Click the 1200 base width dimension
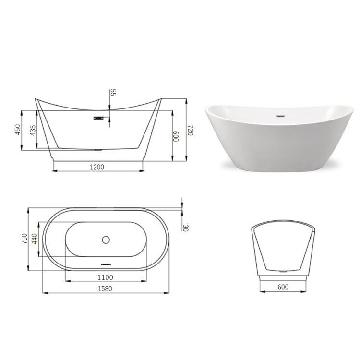pos(96,167)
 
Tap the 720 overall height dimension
pos(191,131)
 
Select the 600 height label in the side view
pos(176,136)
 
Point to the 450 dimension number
pos(18,130)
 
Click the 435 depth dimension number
pos(33,130)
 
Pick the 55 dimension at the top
pos(114,93)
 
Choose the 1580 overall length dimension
pos(105,288)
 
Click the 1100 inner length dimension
pos(105,277)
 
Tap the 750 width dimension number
pos(24,239)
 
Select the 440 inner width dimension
pos(34,239)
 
